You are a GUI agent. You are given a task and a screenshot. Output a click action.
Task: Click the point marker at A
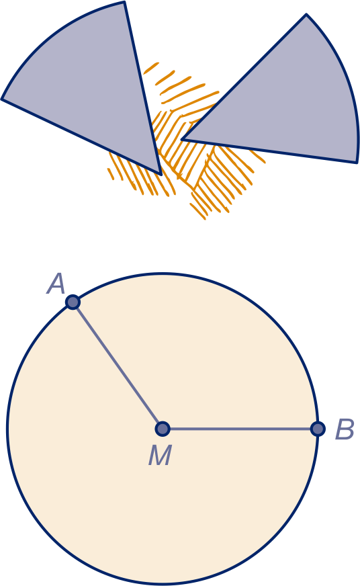tap(73, 302)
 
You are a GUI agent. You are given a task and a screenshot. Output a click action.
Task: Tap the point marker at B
tap(318, 429)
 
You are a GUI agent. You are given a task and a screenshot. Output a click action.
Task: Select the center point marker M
tap(163, 429)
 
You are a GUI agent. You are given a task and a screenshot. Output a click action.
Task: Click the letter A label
tap(56, 284)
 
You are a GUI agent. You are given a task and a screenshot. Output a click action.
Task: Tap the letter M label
tap(160, 455)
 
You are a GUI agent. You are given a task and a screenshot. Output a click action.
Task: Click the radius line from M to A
tap(118, 365)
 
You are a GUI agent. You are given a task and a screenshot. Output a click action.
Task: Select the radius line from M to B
tap(240, 429)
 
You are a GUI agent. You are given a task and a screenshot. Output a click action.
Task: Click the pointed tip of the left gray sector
tap(161, 174)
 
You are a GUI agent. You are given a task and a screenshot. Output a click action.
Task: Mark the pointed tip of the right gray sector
tap(181, 139)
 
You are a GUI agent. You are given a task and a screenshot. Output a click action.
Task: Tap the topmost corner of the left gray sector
tap(124, 2)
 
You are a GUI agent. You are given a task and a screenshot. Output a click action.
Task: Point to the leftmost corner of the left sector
tap(2, 99)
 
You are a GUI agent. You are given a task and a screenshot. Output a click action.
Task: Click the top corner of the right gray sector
tap(306, 15)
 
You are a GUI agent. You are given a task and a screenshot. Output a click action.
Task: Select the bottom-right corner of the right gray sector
tap(357, 162)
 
